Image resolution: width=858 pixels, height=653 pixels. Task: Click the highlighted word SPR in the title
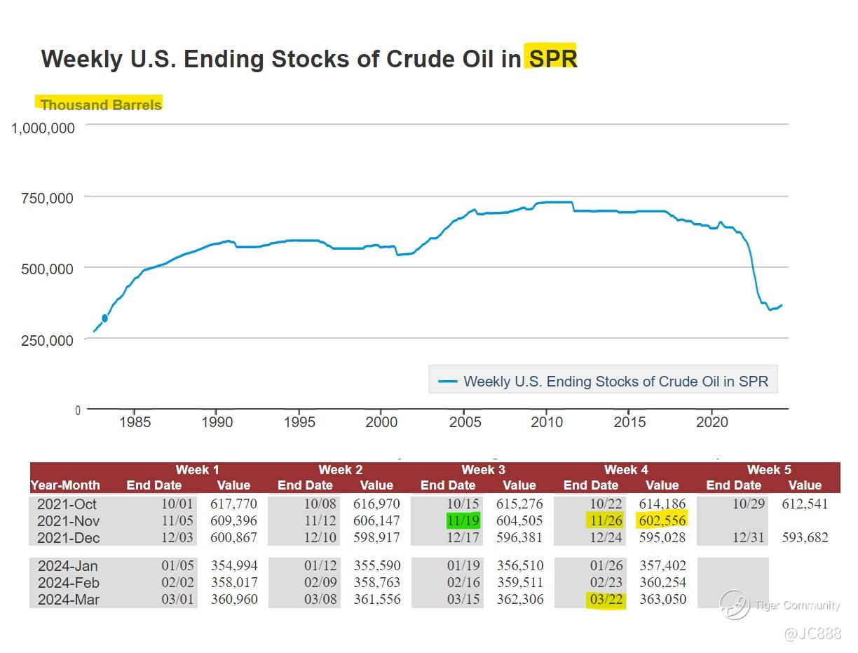pos(552,59)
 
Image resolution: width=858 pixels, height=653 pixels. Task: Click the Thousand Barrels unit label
pos(101,105)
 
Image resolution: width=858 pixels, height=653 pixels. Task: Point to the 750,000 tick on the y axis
pos(44,198)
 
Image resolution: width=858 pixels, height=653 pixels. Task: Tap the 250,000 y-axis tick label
pos(44,340)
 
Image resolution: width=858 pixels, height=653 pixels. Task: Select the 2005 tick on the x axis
pos(465,422)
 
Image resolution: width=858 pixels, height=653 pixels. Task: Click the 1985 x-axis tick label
pos(135,422)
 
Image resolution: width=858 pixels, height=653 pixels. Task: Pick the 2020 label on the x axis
pos(712,422)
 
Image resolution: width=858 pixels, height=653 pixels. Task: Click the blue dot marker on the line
pos(104,318)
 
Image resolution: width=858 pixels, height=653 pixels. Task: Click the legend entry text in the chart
pos(615,382)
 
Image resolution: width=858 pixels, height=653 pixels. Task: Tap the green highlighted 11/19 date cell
pos(463,520)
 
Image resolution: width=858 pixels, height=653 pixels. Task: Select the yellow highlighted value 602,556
pos(662,520)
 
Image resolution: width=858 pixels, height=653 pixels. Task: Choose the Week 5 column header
pos(768,470)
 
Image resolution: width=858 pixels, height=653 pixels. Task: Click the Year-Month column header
pos(65,485)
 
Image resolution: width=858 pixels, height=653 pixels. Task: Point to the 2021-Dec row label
pos(68,538)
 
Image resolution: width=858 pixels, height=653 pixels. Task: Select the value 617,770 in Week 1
pos(233,504)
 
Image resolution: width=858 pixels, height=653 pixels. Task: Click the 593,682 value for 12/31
pos(805,538)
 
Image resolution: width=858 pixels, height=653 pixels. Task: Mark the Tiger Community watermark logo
pos(735,605)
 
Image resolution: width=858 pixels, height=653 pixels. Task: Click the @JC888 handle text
pos(812,634)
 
